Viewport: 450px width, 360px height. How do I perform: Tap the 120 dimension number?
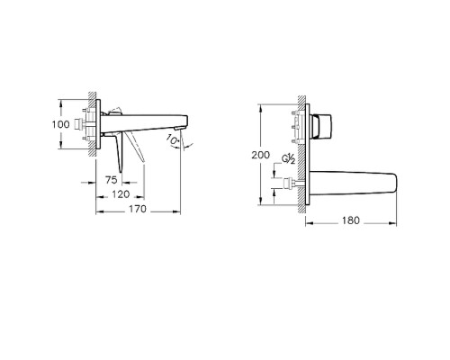click(x=119, y=194)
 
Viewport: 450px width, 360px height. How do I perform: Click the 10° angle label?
click(x=173, y=140)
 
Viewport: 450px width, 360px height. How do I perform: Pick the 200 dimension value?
click(x=260, y=155)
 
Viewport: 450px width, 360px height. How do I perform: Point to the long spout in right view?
click(x=355, y=183)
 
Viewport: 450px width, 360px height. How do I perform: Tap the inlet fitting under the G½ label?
click(x=291, y=185)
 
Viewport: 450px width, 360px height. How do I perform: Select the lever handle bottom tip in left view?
click(x=141, y=162)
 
